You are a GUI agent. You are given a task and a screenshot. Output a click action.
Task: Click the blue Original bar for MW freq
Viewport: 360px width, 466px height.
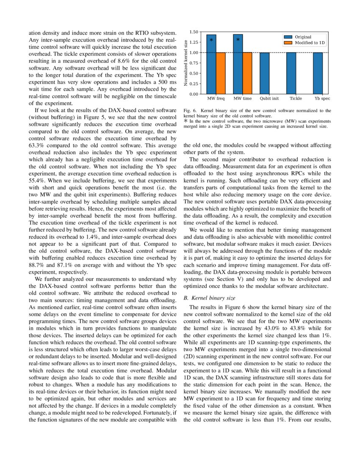coord(211,64)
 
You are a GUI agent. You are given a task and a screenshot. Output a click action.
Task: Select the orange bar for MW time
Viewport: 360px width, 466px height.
coord(247,73)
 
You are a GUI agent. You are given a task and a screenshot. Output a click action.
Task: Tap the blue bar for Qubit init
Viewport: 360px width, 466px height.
coord(264,73)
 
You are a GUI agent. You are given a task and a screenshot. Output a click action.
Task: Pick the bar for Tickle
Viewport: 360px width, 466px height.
coord(291,73)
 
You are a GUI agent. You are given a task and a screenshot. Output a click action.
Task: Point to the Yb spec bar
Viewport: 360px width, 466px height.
coord(318,73)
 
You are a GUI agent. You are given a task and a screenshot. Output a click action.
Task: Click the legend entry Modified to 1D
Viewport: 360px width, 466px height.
coord(310,43)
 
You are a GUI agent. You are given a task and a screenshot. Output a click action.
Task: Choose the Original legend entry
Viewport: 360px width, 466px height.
coord(303,37)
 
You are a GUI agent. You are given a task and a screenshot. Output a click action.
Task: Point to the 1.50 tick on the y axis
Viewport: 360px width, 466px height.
coord(194,32)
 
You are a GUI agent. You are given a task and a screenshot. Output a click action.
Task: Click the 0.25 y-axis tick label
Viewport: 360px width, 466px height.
coord(194,83)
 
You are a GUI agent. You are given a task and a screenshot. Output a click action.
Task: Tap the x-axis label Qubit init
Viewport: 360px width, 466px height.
coord(269,99)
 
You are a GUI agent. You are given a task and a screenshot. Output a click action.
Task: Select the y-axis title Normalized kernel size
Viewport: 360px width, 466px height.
coord(186,63)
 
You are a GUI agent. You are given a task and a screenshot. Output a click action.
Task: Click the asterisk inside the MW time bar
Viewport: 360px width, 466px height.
coord(238,40)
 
